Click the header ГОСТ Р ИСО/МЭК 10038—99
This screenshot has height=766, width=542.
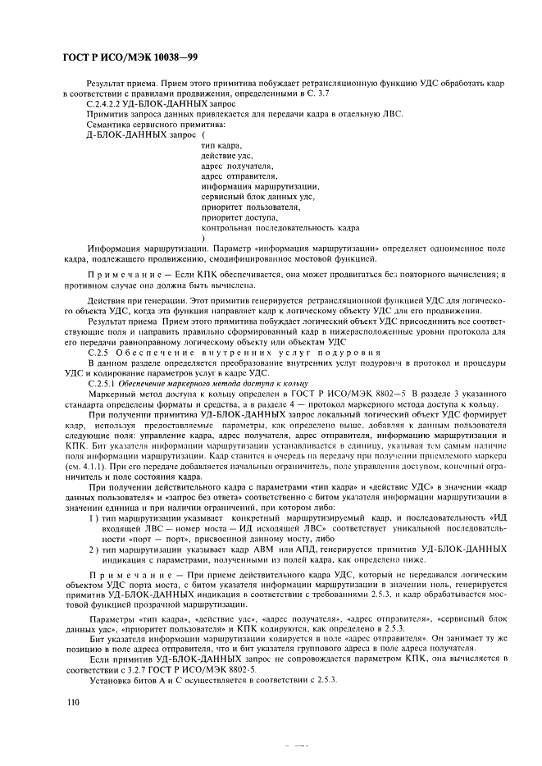tap(131, 57)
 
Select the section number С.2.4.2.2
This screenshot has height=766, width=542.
tap(112, 104)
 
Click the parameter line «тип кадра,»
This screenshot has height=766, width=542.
tap(220, 144)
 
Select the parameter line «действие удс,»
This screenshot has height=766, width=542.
tap(226, 155)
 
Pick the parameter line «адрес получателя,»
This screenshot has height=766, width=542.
tap(236, 166)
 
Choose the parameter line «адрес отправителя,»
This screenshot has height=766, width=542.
tap(239, 176)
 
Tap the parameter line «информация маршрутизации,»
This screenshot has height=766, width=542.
tap(259, 186)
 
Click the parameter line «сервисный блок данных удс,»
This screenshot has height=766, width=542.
tap(257, 197)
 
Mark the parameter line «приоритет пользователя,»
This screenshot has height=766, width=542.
tap(250, 207)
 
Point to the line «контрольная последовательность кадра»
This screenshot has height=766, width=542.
tap(279, 228)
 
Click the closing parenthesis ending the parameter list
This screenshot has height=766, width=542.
tap(203, 239)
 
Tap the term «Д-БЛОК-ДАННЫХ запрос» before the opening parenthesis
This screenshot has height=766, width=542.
tap(130, 134)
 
